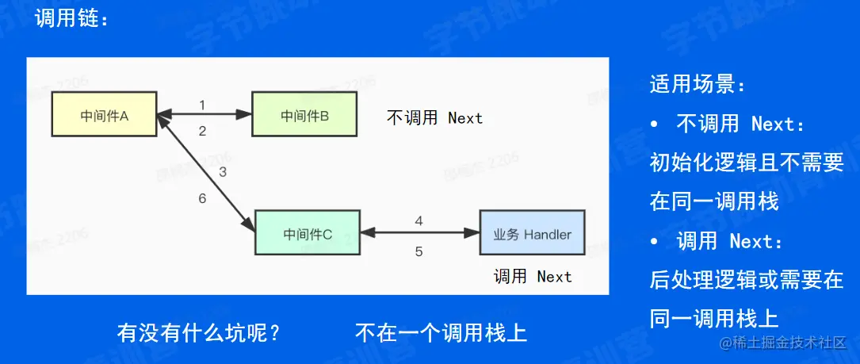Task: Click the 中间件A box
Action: pos(105,116)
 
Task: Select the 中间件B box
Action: pos(304,116)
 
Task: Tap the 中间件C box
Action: pos(308,233)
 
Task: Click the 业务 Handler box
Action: pos(532,234)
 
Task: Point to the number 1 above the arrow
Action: pos(202,105)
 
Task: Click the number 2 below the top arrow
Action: pos(202,131)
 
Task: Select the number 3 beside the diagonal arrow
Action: pos(223,171)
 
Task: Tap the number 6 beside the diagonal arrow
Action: pos(202,198)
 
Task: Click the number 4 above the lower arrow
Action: pos(419,221)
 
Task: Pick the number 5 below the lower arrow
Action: pos(419,252)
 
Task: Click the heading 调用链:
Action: pos(71,19)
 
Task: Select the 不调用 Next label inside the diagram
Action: pos(434,118)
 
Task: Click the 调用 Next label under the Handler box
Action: pos(532,277)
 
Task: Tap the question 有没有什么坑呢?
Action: pos(199,331)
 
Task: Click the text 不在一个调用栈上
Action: pos(441,331)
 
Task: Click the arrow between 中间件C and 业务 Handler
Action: pos(420,233)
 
